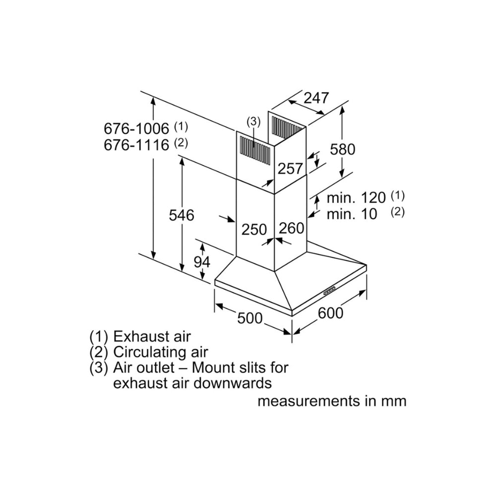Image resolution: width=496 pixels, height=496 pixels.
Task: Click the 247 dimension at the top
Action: (x=316, y=98)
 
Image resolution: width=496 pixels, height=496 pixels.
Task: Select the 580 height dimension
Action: (x=342, y=148)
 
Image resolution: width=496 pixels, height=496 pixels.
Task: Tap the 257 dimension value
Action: (x=290, y=169)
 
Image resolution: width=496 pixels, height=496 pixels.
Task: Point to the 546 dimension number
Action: (x=182, y=215)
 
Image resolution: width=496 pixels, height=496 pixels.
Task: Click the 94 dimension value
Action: (x=202, y=262)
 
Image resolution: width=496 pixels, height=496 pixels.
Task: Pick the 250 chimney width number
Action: (x=254, y=229)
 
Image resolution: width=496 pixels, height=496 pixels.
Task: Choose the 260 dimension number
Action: (x=291, y=228)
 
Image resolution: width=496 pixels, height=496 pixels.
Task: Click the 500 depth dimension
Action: (x=250, y=318)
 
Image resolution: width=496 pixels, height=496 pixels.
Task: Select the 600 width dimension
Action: (x=330, y=313)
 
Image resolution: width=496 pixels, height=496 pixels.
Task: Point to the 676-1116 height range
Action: (x=136, y=145)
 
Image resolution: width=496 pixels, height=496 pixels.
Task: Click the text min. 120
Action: (x=356, y=197)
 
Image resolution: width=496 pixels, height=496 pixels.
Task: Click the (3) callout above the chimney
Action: (x=253, y=121)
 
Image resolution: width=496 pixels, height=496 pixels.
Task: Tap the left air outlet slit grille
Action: (x=255, y=149)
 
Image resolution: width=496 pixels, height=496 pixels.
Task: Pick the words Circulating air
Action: (x=160, y=352)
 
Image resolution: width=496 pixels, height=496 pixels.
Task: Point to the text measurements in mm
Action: (x=331, y=401)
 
